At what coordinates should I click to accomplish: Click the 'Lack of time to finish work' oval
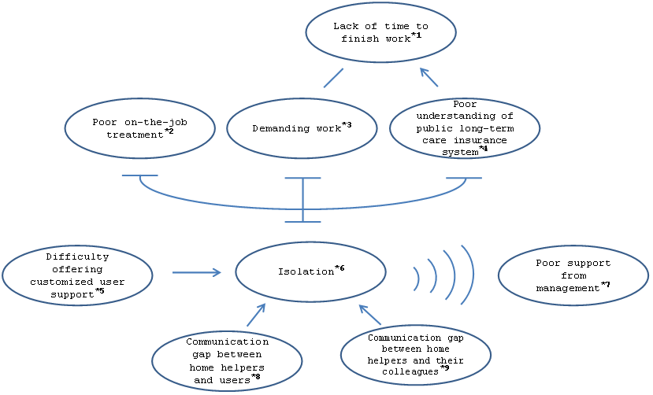pos(381,31)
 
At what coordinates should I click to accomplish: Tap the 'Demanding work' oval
pos(302,127)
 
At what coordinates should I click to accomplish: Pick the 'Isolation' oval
pos(310,271)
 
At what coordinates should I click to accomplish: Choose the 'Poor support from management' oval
pos(573,276)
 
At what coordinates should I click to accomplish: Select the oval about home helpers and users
pos(227,361)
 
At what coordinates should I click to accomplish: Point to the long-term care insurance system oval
pos(464,127)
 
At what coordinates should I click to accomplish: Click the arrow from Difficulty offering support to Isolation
pos(197,272)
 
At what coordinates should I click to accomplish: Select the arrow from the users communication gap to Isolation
pos(256,315)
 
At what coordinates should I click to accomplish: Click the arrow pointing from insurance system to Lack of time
pos(429,76)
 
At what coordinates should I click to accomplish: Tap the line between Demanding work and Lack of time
pos(334,78)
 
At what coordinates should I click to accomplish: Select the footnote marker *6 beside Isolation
pos(339,269)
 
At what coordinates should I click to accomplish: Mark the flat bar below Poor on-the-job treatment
pos(140,175)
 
